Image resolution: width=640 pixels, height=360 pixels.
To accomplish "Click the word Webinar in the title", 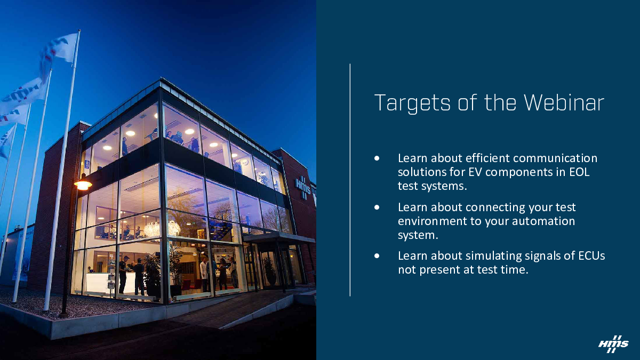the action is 564,102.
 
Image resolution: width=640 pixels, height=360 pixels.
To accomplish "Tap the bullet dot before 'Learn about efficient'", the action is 377,158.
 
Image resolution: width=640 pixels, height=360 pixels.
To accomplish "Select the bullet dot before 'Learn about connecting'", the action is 377,207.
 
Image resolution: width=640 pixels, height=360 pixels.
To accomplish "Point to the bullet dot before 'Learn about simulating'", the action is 377,255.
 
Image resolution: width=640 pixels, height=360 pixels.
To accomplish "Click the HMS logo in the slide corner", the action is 613,344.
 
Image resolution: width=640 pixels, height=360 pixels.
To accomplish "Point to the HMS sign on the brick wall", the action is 303,187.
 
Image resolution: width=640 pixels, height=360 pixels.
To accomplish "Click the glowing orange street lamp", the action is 83,185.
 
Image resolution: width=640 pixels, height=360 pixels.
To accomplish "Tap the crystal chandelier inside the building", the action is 151,229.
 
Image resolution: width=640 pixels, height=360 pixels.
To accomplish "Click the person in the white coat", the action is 204,273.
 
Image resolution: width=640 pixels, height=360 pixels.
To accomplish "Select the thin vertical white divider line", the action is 350,180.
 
